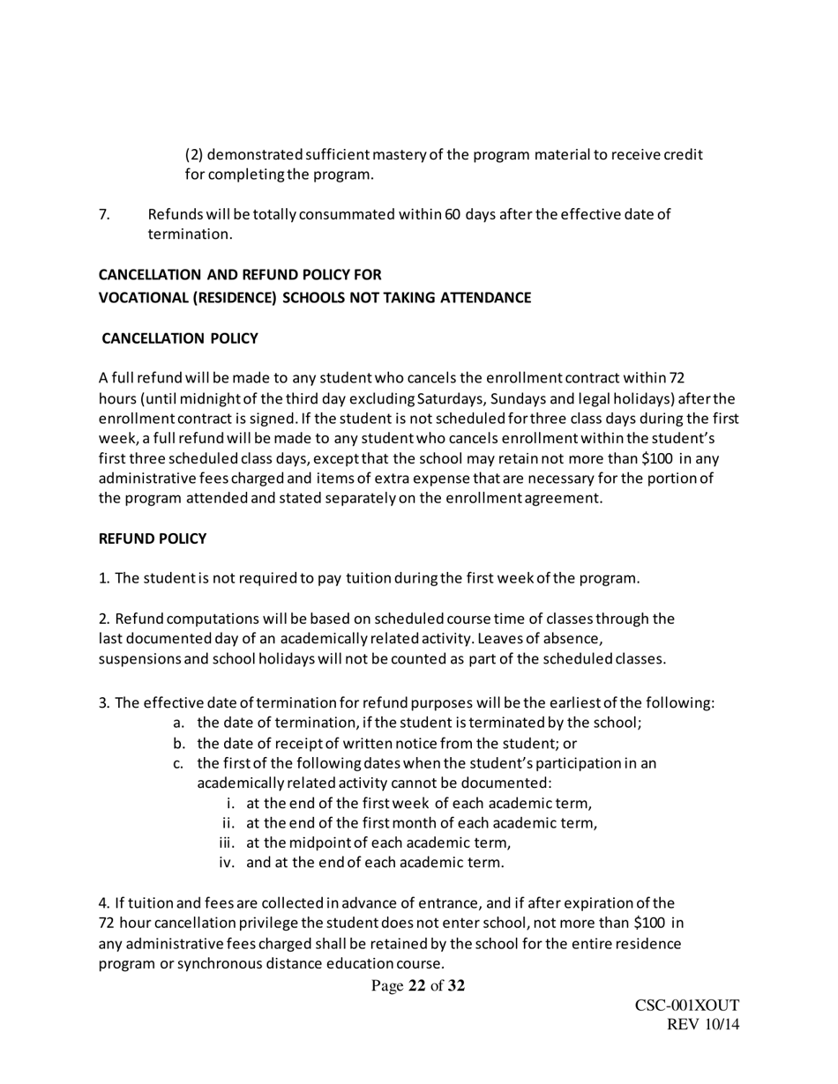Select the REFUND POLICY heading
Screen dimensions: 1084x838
[153, 538]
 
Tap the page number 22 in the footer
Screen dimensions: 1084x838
[417, 986]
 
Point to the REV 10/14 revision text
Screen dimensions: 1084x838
[703, 1026]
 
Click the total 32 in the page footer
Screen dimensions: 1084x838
[456, 986]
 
